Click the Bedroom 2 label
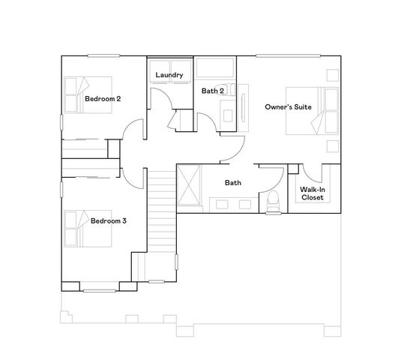[x=103, y=98]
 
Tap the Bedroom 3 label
[x=109, y=221]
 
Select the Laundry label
[x=169, y=75]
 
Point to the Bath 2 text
[x=213, y=91]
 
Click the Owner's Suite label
[x=288, y=107]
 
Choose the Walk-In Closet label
[x=312, y=195]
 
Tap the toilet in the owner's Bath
[x=274, y=200]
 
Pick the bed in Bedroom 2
[x=85, y=95]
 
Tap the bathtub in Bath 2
[x=216, y=70]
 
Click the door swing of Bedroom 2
[x=133, y=132]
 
